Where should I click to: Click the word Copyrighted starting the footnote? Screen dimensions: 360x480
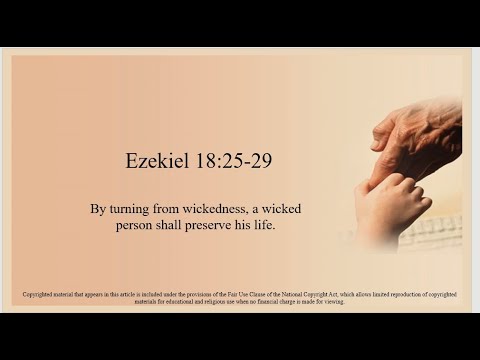pos(39,295)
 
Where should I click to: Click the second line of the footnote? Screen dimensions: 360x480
pos(240,302)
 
